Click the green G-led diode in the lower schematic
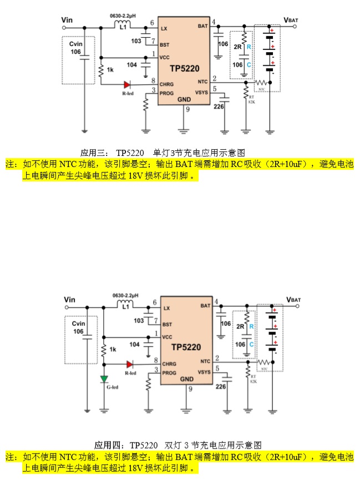pos(104,379)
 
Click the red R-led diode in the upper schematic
pos(127,84)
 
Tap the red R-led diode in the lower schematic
pos(130,364)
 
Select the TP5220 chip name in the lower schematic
pos(186,347)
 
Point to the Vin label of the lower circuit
pos(69,300)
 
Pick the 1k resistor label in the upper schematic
pos(110,69)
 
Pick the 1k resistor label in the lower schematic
pos(113,349)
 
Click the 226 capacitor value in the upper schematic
pos(219,106)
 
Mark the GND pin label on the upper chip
pos(184,99)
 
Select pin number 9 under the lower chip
pos(190,390)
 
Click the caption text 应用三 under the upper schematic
pos(92,153)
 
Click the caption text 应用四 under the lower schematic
pos(107,445)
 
